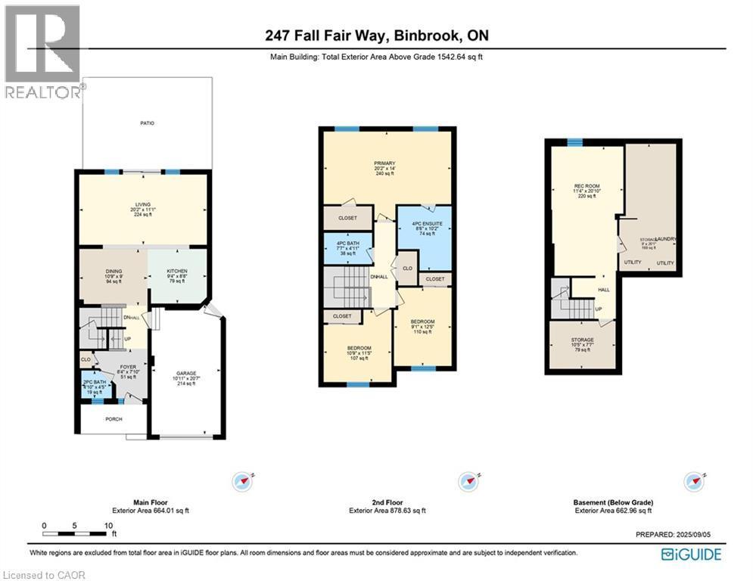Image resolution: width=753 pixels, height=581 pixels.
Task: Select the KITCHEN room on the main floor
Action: [177, 275]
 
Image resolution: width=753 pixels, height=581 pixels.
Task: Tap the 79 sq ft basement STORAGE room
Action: [583, 344]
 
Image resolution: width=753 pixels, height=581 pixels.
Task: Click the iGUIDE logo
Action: [691, 555]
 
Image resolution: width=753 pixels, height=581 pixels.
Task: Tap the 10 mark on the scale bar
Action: [109, 525]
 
